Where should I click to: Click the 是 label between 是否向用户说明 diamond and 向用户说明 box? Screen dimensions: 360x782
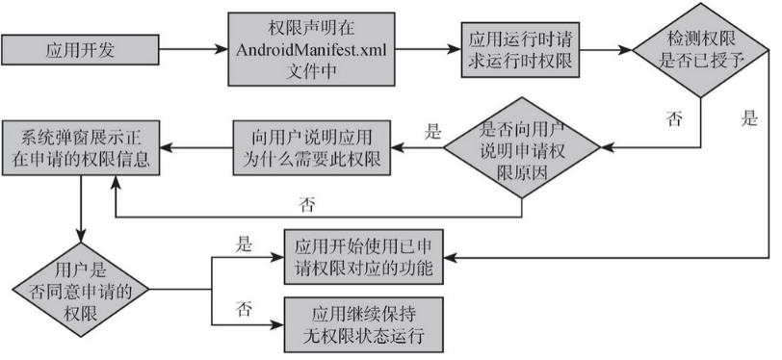tap(432, 130)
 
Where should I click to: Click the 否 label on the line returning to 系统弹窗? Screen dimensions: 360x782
tap(306, 204)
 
